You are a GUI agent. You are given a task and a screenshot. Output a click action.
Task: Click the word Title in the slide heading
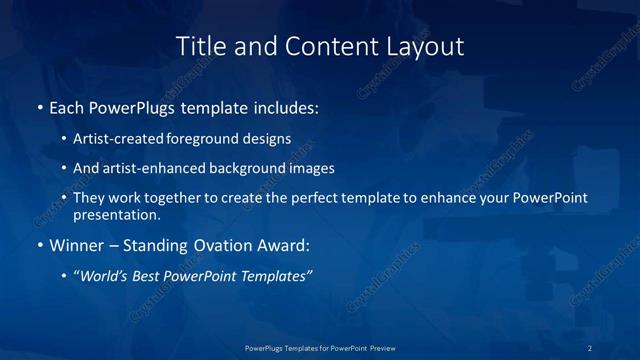[198, 46]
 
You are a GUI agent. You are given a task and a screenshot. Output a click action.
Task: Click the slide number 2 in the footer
[589, 347]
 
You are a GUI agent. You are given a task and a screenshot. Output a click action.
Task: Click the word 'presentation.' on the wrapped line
[117, 214]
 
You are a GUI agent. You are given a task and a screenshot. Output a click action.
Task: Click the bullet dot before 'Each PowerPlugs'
[39, 107]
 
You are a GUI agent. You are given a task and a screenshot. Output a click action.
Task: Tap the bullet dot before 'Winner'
[39, 245]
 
